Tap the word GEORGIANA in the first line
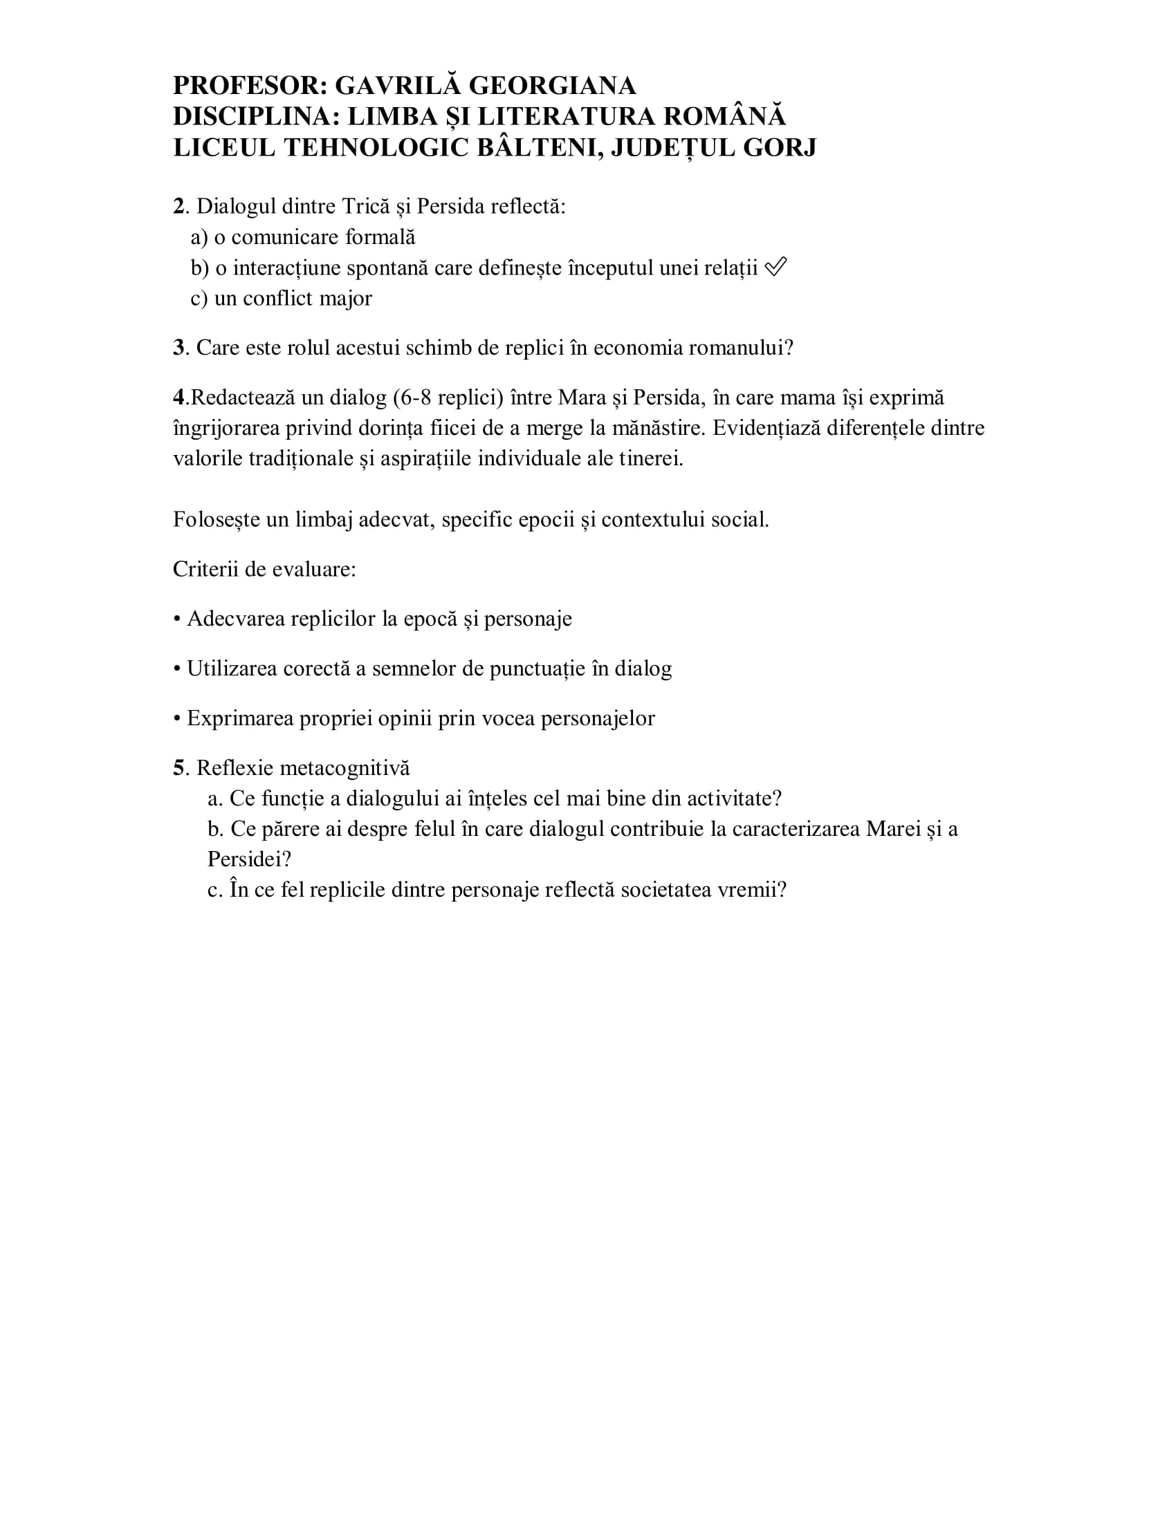coord(553,86)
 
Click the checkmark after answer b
coord(775,267)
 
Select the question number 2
coord(179,206)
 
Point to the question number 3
coord(179,348)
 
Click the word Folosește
coord(216,519)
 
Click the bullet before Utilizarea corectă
coord(177,669)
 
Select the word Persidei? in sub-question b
coord(249,859)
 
